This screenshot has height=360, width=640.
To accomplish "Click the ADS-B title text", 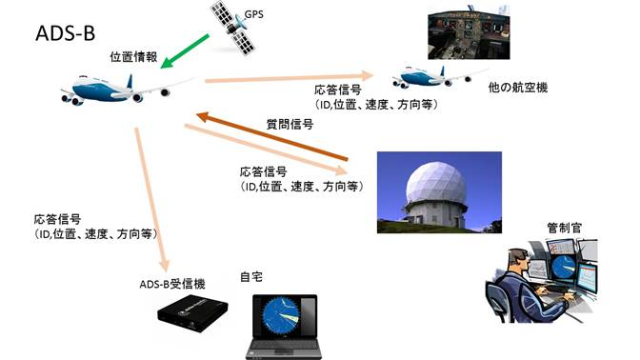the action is point(66,33).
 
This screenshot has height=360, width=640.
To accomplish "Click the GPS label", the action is point(253,14).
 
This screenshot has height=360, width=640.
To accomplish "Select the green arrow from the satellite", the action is point(185,51).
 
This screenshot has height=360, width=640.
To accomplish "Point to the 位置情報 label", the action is point(133,57).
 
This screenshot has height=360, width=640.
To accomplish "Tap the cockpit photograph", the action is point(469,32).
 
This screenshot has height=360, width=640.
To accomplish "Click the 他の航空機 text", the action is point(517,88).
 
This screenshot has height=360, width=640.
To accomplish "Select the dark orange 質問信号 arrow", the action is point(271,136).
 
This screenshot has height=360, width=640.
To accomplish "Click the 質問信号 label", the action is point(290,124).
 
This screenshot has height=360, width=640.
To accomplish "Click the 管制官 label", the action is point(564,228).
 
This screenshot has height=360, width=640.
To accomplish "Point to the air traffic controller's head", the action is point(518,260).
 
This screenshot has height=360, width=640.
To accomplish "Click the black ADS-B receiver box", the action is point(192,312).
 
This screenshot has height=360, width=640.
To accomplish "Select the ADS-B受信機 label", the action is point(172,284).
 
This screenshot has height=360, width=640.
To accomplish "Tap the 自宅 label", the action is point(251,277).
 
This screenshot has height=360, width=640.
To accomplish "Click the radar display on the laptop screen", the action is point(281,316).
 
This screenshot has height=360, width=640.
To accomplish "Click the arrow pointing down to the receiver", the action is point(152,200).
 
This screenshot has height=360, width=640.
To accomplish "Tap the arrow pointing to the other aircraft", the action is point(289,77).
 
